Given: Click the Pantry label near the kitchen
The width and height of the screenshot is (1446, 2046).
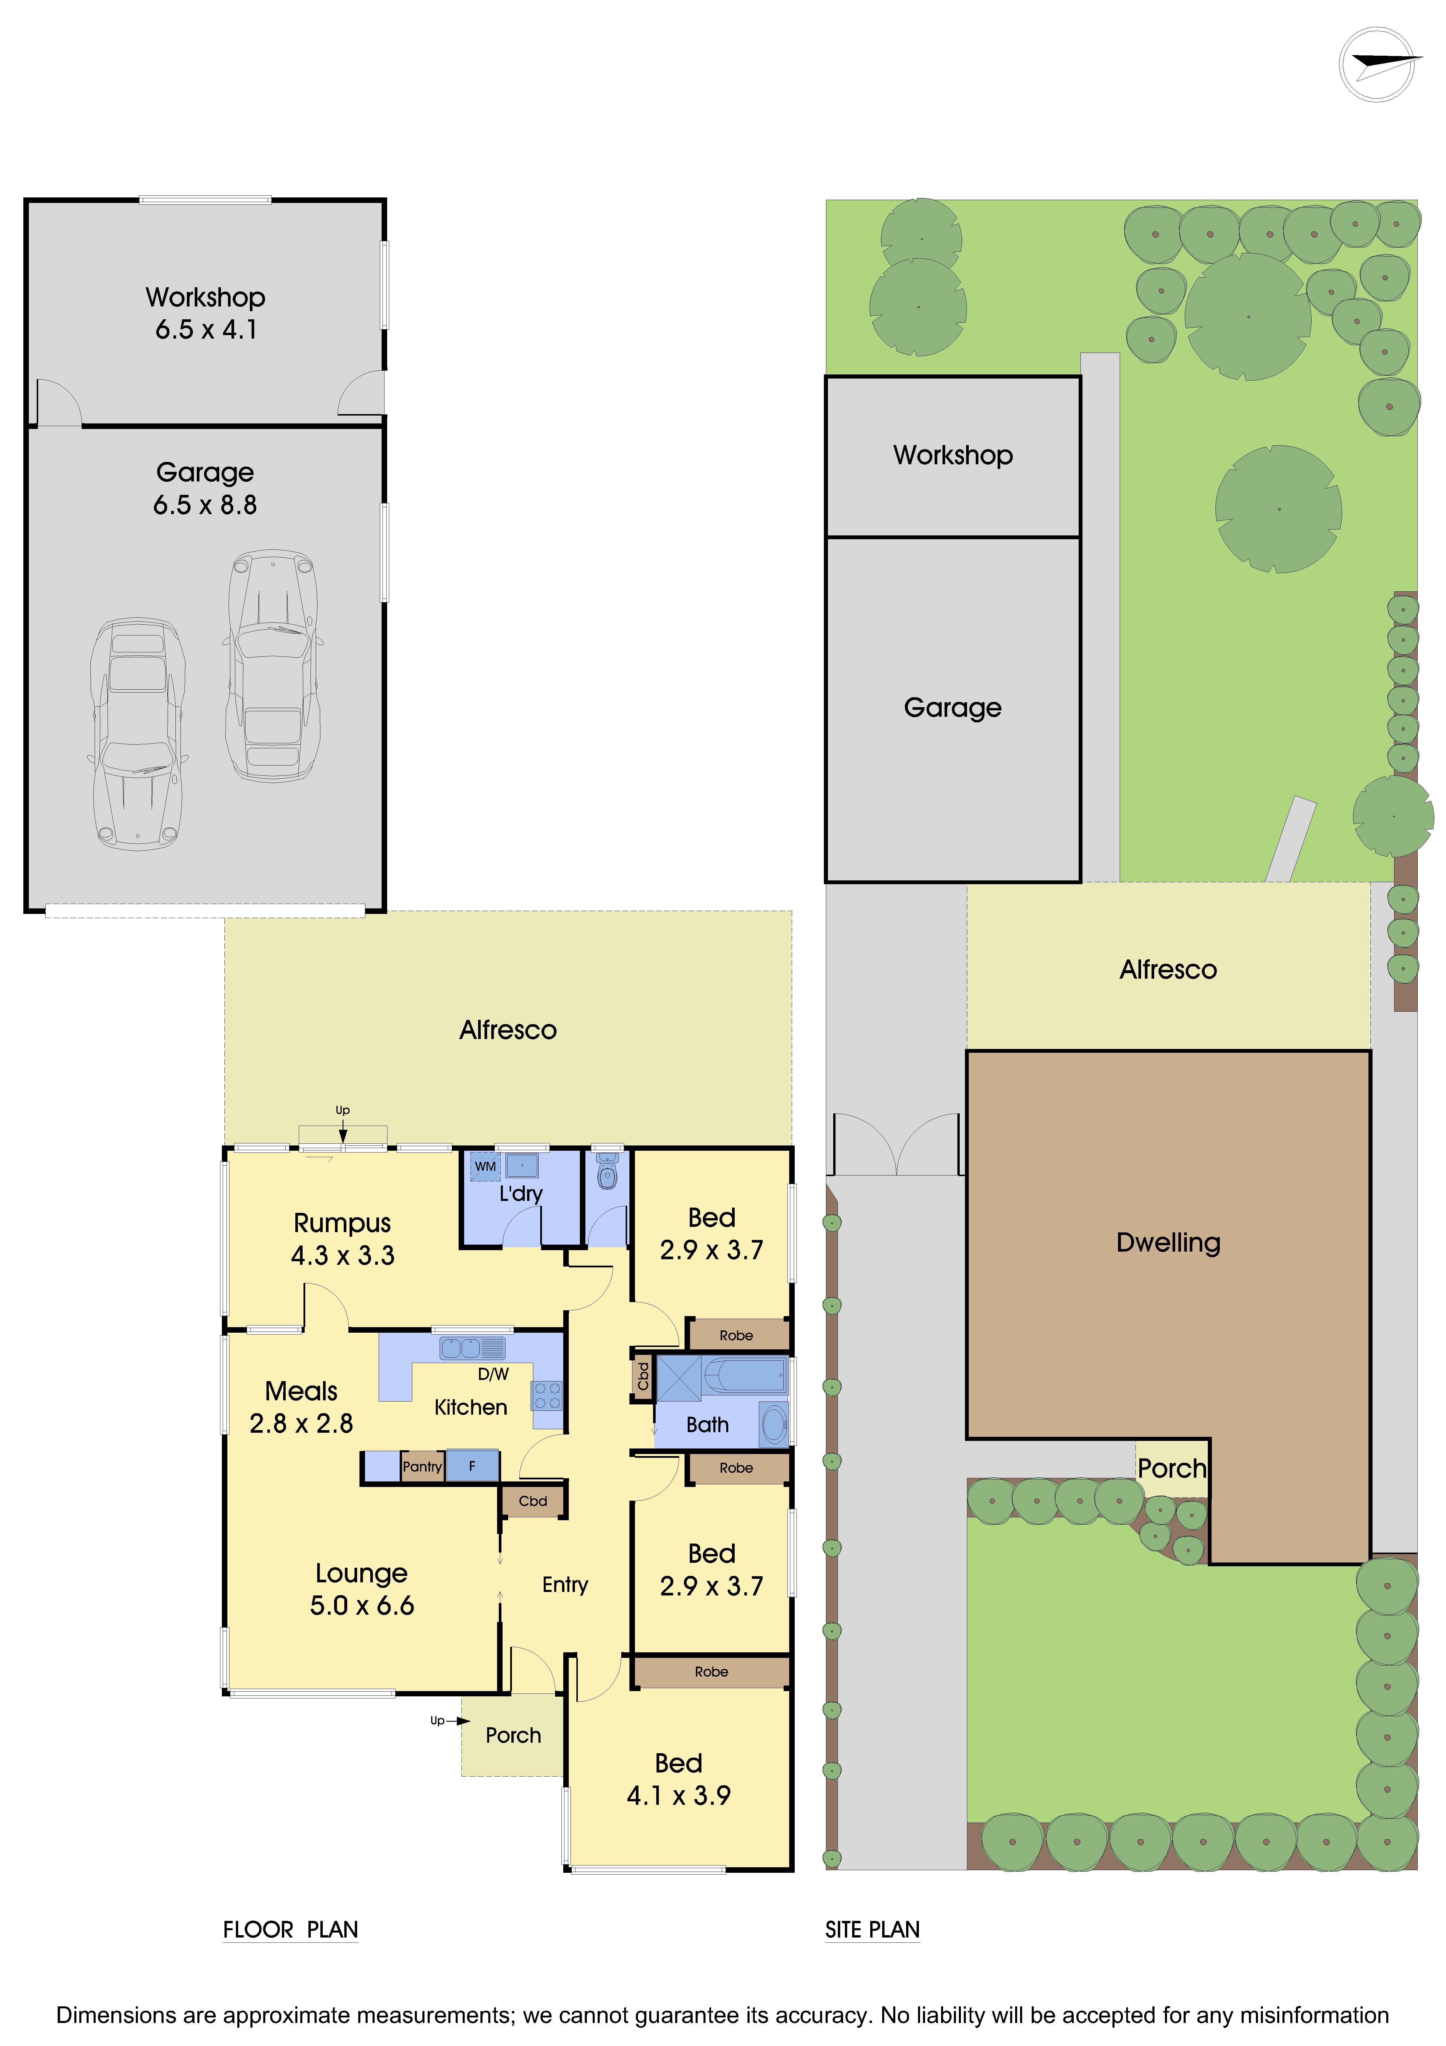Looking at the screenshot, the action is [x=422, y=1466].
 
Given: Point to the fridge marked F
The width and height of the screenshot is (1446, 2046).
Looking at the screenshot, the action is [x=472, y=1466].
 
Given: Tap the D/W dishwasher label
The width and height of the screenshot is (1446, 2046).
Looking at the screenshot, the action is [x=493, y=1374].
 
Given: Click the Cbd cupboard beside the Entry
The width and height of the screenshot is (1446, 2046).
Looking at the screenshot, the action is [x=533, y=1501].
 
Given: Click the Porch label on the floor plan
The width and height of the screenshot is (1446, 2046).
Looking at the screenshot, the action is [x=513, y=1735].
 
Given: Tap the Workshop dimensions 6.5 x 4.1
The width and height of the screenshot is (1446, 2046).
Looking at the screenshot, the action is [x=206, y=330].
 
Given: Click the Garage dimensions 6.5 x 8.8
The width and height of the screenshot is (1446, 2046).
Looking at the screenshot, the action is [x=205, y=505].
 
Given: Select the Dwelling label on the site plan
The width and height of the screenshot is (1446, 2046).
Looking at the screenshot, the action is [x=1168, y=1242].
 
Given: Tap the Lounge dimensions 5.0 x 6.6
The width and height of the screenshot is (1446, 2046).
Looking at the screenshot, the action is [x=362, y=1606].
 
